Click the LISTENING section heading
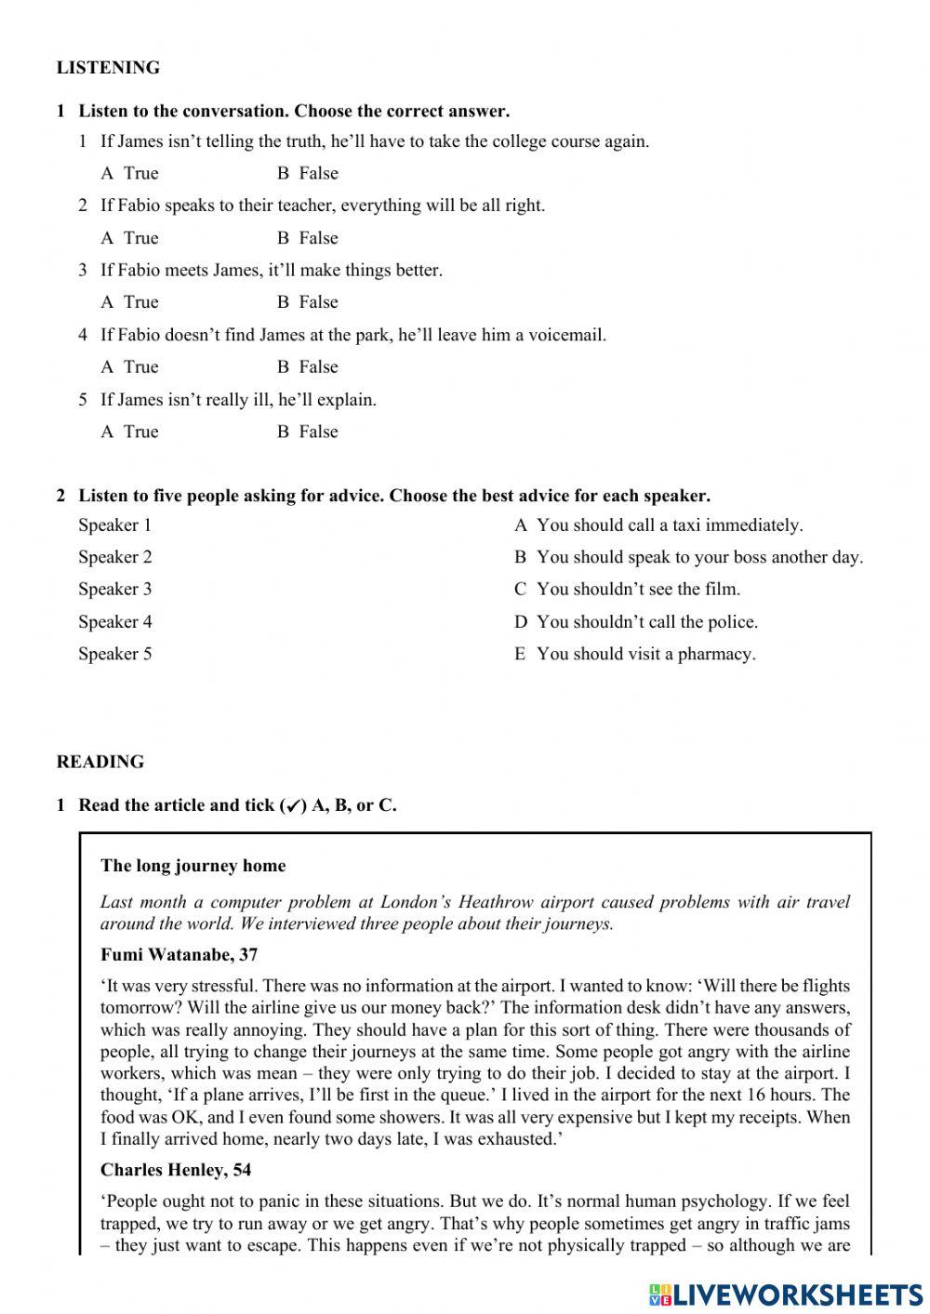click(x=108, y=68)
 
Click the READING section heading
click(x=100, y=762)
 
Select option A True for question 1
click(x=130, y=173)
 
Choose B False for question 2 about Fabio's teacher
click(x=308, y=238)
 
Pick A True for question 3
click(x=130, y=302)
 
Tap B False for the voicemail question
click(x=308, y=367)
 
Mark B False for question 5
click(x=308, y=431)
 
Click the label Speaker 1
click(x=114, y=525)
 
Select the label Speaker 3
click(x=114, y=590)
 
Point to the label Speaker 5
click(x=114, y=654)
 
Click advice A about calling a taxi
click(x=658, y=525)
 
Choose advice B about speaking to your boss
click(x=688, y=557)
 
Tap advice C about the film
click(x=627, y=590)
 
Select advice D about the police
click(x=636, y=622)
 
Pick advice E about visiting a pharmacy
click(x=635, y=654)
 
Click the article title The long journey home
click(x=193, y=866)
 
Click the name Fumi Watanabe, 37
click(x=179, y=955)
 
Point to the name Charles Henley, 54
click(x=176, y=1170)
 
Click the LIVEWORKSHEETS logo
click(x=786, y=1294)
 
